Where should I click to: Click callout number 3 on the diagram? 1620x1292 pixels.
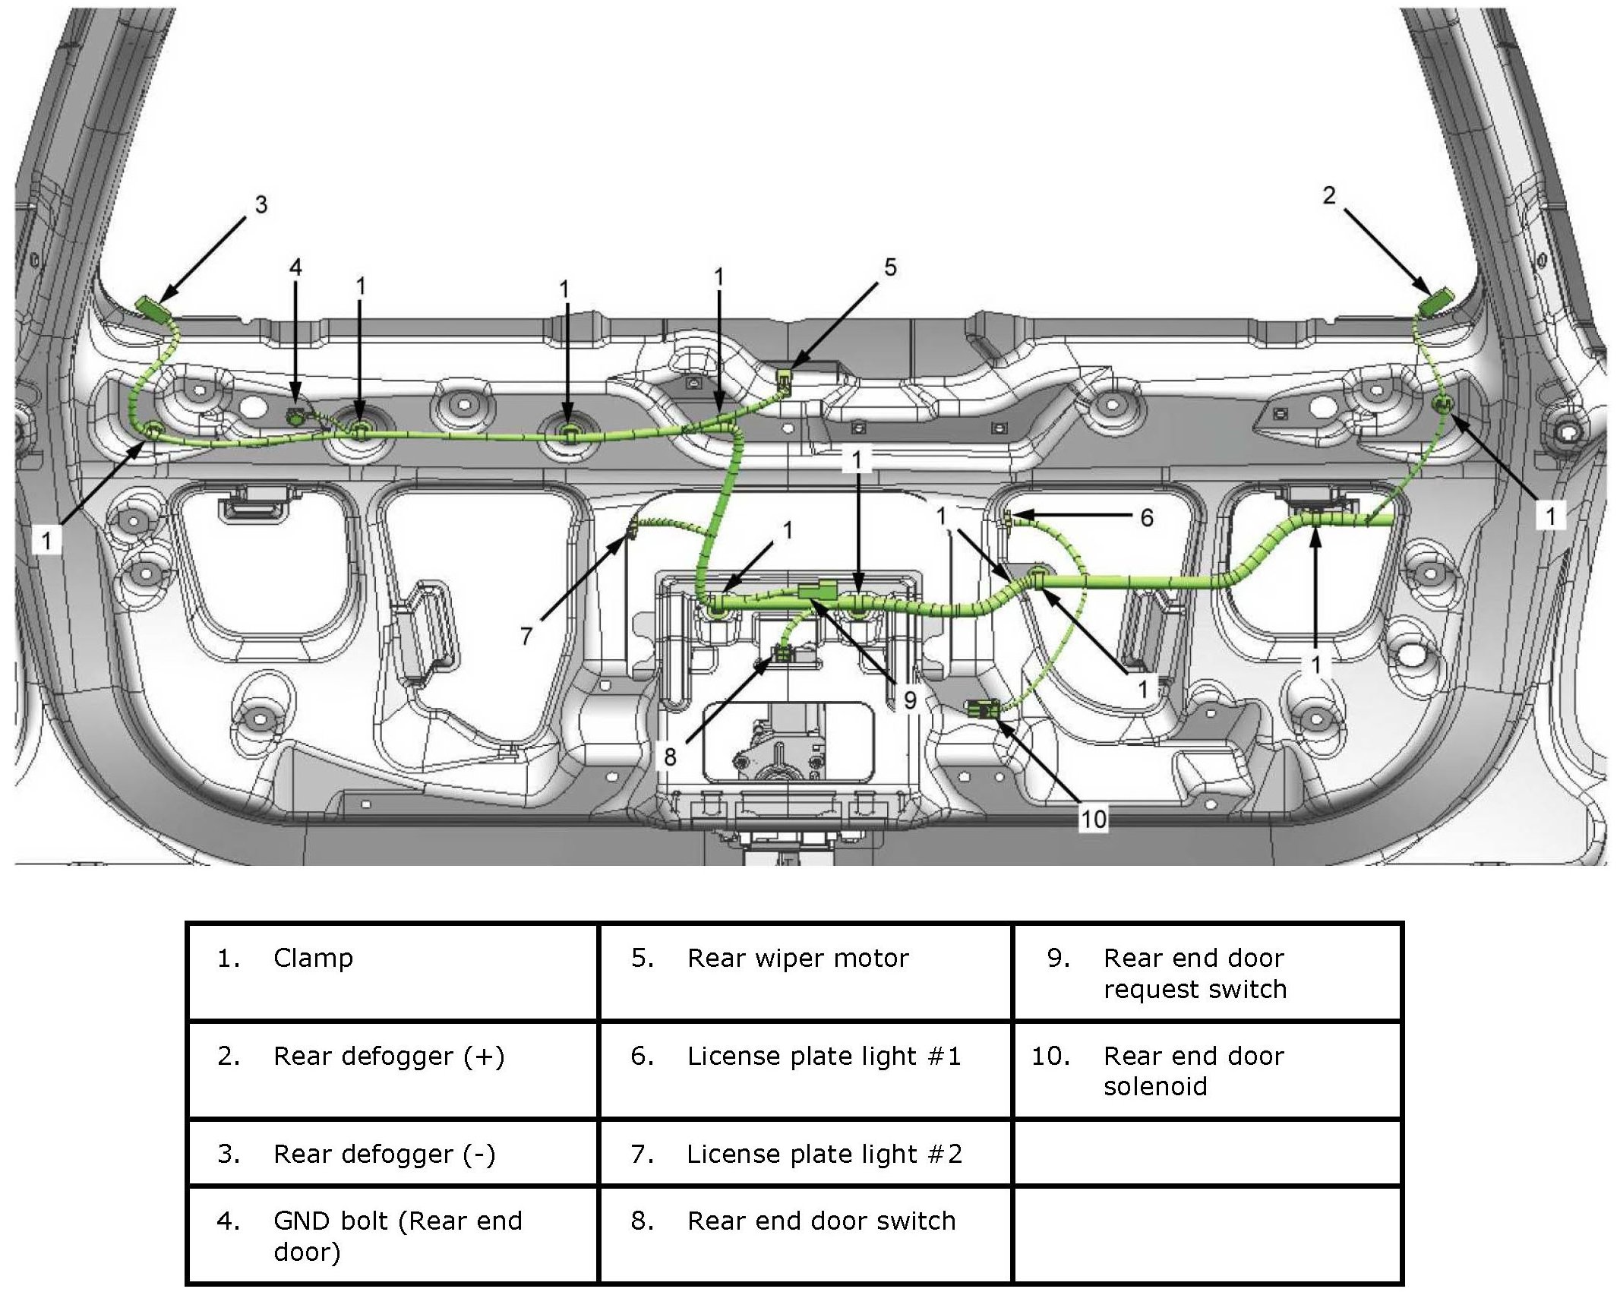click(x=261, y=204)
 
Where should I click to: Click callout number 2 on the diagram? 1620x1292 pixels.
click(x=1328, y=196)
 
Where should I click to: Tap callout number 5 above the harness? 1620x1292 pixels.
click(x=890, y=267)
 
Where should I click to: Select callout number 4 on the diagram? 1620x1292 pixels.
click(x=295, y=267)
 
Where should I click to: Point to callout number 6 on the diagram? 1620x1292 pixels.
click(x=1147, y=518)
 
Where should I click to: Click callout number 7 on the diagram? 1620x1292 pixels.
click(x=526, y=635)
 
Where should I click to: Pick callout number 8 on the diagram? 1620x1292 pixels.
click(x=670, y=757)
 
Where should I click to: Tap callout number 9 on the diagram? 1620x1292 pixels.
click(x=910, y=700)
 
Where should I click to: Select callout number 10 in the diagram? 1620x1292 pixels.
click(x=1093, y=819)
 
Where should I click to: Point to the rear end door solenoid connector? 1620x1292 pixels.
click(x=985, y=710)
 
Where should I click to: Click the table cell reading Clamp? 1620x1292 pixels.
click(x=392, y=971)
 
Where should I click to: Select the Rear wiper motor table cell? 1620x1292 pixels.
click(x=805, y=971)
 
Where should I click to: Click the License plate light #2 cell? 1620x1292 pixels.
click(x=805, y=1154)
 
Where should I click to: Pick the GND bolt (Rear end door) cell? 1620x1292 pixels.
click(x=392, y=1236)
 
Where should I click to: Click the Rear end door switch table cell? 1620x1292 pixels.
click(x=805, y=1236)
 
